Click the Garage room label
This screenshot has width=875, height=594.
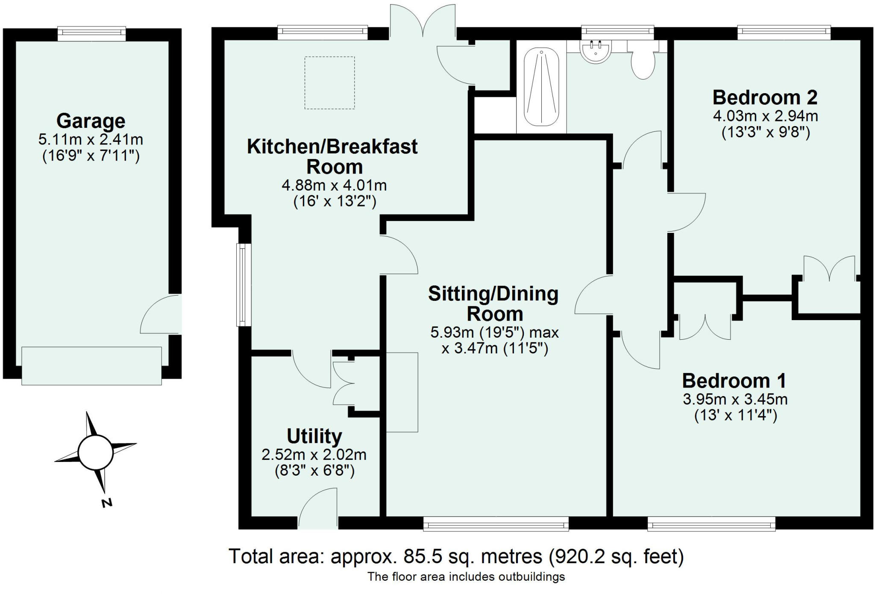point(91,121)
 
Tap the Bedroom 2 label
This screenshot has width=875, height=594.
point(765,97)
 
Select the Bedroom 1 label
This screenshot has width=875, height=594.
point(734,381)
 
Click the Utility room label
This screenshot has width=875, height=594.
point(314,436)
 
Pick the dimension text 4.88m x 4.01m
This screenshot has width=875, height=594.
point(334,185)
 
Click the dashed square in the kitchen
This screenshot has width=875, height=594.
point(329,83)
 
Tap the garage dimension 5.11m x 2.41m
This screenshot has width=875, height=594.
point(91,139)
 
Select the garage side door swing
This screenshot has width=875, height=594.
point(160,315)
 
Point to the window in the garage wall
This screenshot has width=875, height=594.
point(92,34)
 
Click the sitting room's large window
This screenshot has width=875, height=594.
point(496,523)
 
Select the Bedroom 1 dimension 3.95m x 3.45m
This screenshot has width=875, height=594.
point(735,399)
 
